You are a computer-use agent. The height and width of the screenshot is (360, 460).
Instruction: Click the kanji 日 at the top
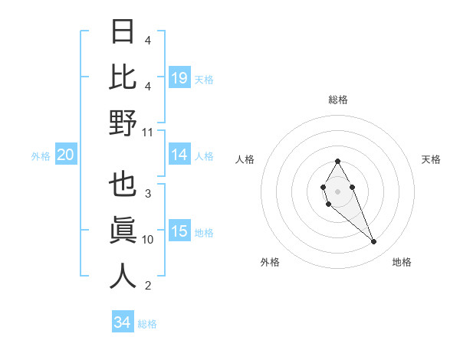point(123,33)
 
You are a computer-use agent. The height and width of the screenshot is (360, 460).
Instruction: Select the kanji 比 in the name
point(123,77)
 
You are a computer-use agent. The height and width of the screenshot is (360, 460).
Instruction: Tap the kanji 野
point(123,123)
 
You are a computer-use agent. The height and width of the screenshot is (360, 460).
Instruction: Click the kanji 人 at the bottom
point(123,276)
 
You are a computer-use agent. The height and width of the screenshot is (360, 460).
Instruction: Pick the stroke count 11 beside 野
point(148,132)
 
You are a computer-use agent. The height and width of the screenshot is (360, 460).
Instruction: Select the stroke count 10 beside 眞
point(148,240)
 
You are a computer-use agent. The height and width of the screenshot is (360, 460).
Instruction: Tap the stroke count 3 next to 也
point(148,194)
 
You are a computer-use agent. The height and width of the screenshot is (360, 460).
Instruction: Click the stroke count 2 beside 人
point(148,286)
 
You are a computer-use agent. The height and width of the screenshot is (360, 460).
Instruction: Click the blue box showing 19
point(179,78)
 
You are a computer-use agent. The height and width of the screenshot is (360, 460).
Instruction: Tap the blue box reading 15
point(179,232)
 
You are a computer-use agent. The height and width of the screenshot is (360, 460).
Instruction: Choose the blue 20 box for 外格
point(66,155)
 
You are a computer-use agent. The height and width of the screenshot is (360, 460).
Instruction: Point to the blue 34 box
point(123,322)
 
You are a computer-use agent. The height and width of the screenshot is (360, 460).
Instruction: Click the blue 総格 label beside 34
point(147,324)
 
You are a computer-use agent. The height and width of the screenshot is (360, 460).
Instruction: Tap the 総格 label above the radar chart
point(338,100)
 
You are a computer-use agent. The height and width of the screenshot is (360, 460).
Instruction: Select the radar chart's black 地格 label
point(402,262)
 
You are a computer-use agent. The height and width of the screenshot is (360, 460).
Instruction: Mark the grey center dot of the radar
point(337,190)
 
